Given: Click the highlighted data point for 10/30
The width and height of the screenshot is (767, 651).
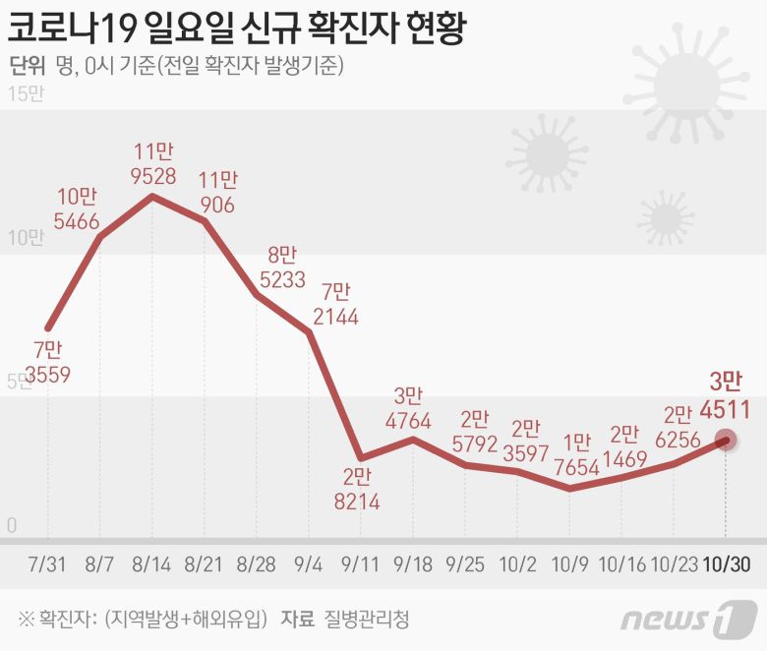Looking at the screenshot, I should click(726, 441).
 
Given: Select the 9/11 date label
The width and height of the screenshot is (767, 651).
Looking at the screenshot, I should click(361, 564).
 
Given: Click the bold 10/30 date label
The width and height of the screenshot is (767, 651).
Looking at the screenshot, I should click(726, 564).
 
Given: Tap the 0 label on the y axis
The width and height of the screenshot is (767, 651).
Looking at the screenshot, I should click(13, 526).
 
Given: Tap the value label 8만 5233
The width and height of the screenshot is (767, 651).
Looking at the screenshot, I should click(281, 266).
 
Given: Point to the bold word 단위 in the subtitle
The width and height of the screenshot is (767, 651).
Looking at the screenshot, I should click(28, 66).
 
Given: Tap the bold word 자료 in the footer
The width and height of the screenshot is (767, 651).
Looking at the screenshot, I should click(297, 620).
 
